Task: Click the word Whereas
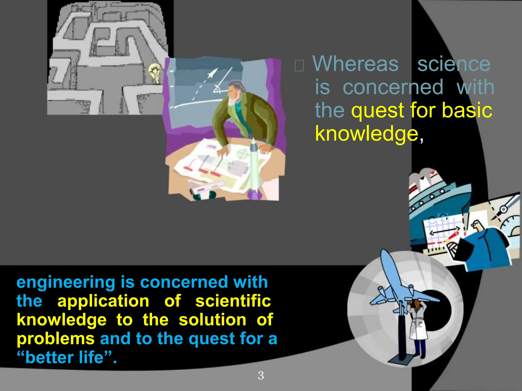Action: point(356,64)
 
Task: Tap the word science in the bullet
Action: point(454,64)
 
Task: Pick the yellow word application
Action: point(103,301)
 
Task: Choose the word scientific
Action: point(233,301)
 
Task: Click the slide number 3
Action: point(261,376)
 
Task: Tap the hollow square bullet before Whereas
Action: point(299,65)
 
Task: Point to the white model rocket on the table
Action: point(254,168)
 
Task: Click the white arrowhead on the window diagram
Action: point(212,74)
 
